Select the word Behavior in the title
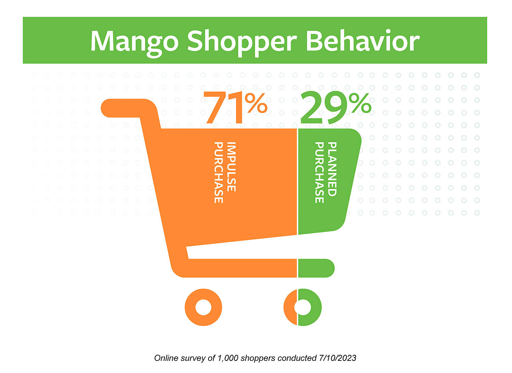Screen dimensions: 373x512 (x=362, y=41)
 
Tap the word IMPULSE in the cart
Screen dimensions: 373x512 (x=231, y=166)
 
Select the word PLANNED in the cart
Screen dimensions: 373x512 (x=332, y=169)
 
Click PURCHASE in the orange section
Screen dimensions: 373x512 (x=219, y=173)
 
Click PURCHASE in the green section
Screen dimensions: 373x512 (x=319, y=173)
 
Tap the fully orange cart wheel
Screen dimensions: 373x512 (x=203, y=307)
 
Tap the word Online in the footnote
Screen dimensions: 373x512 (x=166, y=358)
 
